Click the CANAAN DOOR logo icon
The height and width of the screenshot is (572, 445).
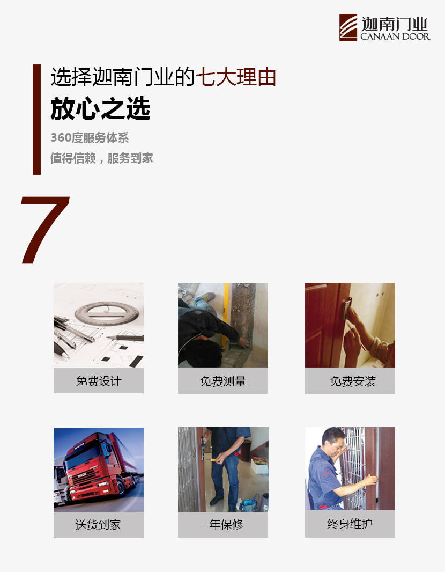[348, 27]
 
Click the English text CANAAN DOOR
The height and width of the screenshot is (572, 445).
[395, 36]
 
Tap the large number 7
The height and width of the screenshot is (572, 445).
[44, 230]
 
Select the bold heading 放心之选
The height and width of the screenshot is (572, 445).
[101, 108]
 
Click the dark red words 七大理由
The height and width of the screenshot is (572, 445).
[236, 77]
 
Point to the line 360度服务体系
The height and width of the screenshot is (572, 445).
[90, 137]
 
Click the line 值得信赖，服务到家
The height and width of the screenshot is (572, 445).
[102, 158]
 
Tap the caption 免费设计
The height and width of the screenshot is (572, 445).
[99, 381]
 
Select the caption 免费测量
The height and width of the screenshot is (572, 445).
[223, 382]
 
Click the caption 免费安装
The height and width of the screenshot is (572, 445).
[353, 382]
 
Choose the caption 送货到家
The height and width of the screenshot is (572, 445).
[98, 525]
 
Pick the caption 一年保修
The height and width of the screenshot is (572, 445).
[220, 525]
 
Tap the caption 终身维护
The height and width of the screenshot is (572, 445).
[350, 524]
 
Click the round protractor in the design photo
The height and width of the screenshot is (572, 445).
[107, 313]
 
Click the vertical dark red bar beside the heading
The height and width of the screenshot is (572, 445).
[37, 120]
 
